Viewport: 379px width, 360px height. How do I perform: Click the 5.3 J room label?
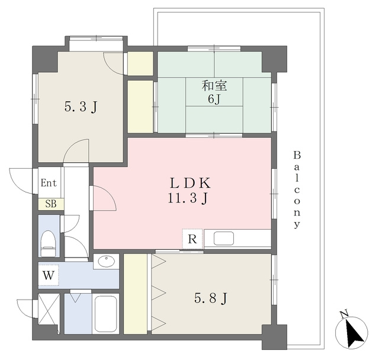click(81, 107)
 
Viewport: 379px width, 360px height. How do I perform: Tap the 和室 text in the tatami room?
click(214, 86)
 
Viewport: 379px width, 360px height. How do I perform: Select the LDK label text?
click(190, 183)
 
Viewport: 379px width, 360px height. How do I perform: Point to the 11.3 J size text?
click(188, 198)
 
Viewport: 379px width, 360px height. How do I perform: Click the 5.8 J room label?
click(211, 298)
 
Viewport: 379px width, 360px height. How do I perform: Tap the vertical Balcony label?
click(297, 189)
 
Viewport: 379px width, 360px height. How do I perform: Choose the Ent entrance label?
click(49, 183)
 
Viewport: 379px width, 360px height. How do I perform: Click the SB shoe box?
click(51, 204)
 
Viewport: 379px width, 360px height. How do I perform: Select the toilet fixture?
click(48, 243)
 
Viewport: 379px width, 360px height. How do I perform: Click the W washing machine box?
click(49, 275)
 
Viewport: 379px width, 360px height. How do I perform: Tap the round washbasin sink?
click(106, 261)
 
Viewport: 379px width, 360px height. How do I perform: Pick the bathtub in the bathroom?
click(105, 314)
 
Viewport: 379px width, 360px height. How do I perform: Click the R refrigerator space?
click(192, 239)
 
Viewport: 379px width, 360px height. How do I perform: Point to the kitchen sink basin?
click(224, 239)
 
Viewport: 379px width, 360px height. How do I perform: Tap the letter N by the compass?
click(344, 313)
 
